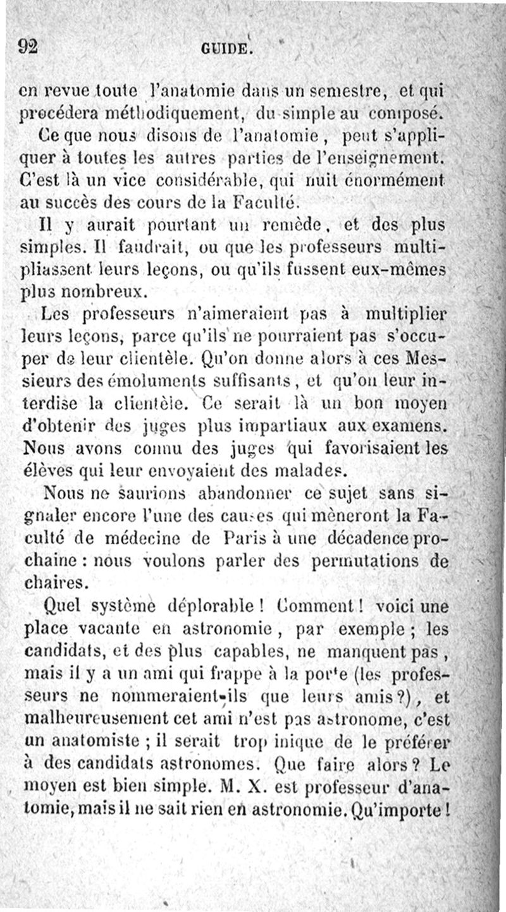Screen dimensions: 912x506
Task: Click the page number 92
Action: [x=28, y=46]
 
